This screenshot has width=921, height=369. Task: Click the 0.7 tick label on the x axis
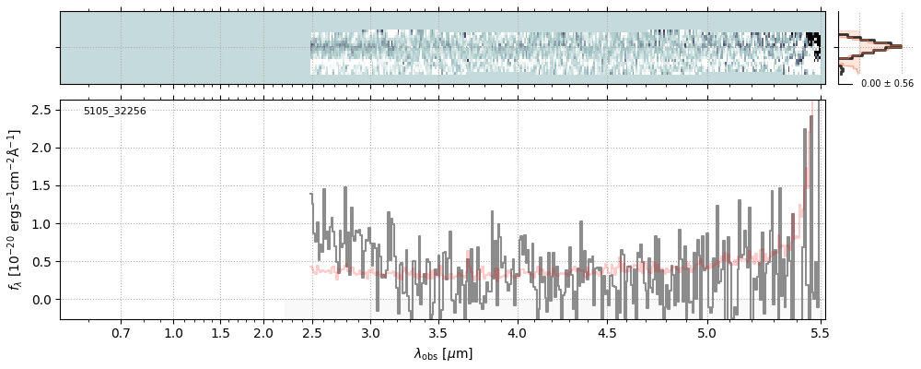tap(121, 332)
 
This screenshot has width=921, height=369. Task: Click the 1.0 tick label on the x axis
tap(173, 332)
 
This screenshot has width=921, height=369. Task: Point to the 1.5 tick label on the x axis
tap(219, 332)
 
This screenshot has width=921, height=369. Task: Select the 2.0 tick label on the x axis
tap(263, 332)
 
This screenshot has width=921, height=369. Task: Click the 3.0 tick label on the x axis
tap(370, 332)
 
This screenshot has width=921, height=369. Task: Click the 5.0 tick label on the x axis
tap(705, 332)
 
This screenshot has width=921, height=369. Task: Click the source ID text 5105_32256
tap(114, 112)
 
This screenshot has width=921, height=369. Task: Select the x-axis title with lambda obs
tap(442, 353)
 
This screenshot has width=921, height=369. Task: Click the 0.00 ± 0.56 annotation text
tap(886, 84)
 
